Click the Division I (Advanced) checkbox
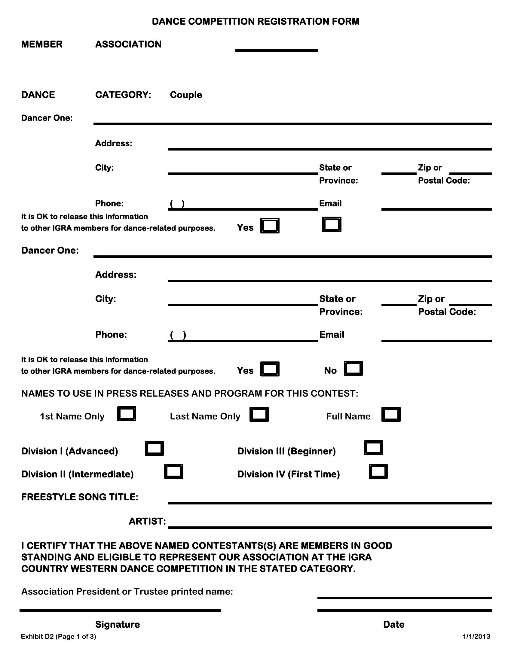154,448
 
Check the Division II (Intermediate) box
173,471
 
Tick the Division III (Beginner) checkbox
373,448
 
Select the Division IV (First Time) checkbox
378,471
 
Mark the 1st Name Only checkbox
127,414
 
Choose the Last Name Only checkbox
259,414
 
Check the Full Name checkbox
390,414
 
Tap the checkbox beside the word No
353,368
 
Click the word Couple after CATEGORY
186,95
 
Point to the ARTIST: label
147,521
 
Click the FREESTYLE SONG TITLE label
80,497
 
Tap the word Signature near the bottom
118,624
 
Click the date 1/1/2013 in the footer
476,636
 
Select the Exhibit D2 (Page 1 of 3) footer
58,636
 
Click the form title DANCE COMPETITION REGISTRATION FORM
255,22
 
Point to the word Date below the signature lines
393,624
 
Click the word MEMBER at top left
42,44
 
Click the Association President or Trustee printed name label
127,591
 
